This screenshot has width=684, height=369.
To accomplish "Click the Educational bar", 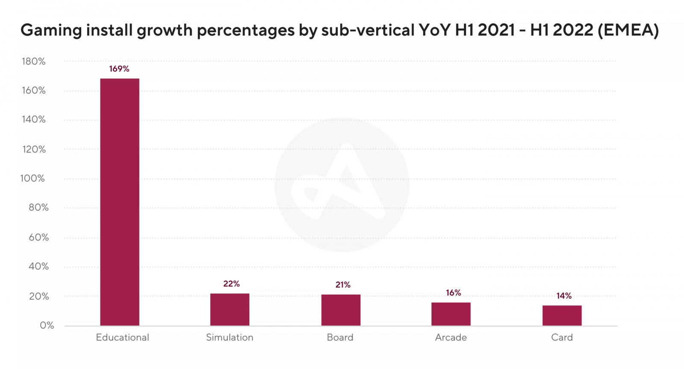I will [x=120, y=202].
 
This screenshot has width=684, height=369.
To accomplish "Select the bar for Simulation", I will [x=230, y=310].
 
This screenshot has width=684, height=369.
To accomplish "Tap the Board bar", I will [x=341, y=310].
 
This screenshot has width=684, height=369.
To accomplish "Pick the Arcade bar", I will [x=451, y=314].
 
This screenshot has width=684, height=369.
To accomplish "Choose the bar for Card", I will [x=562, y=316].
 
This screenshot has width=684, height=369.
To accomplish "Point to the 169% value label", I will [x=119, y=69].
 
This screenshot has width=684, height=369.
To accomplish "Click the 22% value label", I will [x=231, y=284].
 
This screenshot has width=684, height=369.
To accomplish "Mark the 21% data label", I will [x=343, y=285].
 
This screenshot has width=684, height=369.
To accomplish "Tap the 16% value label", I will [x=453, y=293].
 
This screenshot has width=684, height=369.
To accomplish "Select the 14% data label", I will [x=564, y=296].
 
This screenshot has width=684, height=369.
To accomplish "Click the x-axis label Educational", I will [x=122, y=337].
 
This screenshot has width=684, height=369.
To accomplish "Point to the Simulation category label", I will [x=230, y=337].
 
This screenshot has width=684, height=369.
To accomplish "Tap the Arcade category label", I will [x=451, y=337].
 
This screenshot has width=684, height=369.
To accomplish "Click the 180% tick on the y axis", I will [x=34, y=61].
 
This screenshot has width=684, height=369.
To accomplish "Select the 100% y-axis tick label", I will [x=32, y=179].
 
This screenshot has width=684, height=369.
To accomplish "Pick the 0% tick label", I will [x=47, y=325].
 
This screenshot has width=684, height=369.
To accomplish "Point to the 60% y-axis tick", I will [x=39, y=237].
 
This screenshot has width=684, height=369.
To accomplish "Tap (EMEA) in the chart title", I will [x=628, y=30].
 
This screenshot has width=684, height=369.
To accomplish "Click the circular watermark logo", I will [x=342, y=184].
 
